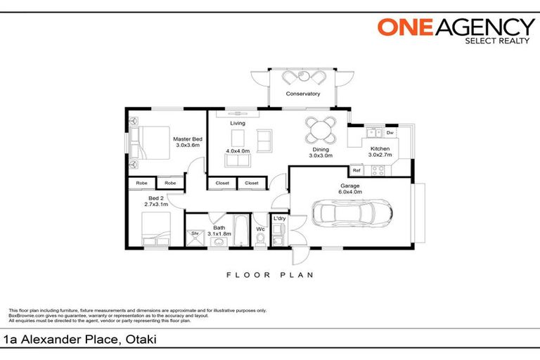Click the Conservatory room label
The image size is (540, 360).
tap(303, 94)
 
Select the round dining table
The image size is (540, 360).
tap(321, 129)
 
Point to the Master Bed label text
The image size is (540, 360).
tap(188, 139)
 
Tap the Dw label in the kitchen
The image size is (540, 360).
tap(390, 132)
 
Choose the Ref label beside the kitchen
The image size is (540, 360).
tap(356, 171)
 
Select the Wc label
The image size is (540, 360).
tap(260, 229)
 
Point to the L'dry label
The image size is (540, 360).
tap(278, 219)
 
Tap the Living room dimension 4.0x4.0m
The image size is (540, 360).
tap(238, 151)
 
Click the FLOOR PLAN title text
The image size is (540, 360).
tap(269, 275)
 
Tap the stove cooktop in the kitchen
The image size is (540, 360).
tap(377, 169)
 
